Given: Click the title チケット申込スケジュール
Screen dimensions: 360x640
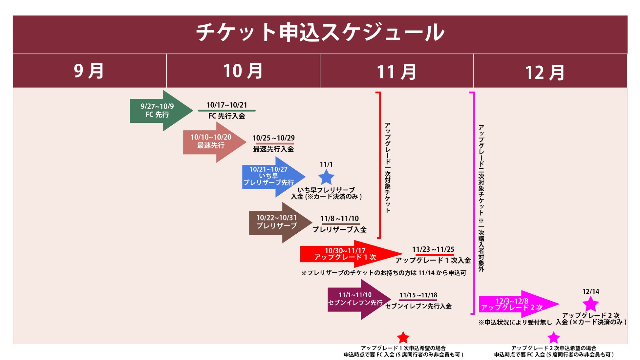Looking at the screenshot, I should pos(320,32).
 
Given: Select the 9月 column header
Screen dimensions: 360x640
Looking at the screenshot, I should pos(89,71).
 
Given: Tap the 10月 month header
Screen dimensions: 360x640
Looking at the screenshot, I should pos(243,71).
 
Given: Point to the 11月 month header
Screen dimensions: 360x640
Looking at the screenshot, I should pos(396,72).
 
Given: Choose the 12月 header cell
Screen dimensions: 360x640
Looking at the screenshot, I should pos(545,73).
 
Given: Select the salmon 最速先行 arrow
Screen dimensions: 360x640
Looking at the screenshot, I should pos(213,142).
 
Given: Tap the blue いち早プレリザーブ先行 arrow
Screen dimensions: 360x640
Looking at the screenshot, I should pos(272,177).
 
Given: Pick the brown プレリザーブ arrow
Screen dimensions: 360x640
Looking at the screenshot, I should pos(279,222).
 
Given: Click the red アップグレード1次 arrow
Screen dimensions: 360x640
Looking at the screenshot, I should pos(348,254).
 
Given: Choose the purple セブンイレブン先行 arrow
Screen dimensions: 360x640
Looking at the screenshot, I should pos(358,299).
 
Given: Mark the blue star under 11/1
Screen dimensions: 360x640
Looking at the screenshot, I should pos(326,178).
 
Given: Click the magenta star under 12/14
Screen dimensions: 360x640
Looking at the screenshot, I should pos(590,304).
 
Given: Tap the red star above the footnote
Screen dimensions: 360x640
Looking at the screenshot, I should pos(403,338).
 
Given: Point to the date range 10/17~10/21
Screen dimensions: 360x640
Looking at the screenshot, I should pos(226,105).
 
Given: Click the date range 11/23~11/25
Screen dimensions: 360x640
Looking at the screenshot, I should pos(433,249).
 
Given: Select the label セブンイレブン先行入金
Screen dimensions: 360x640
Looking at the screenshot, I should pos(418,306).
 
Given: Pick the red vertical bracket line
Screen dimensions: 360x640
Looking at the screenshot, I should pos(380,164).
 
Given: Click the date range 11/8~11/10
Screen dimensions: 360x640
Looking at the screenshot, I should pos(340,219).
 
